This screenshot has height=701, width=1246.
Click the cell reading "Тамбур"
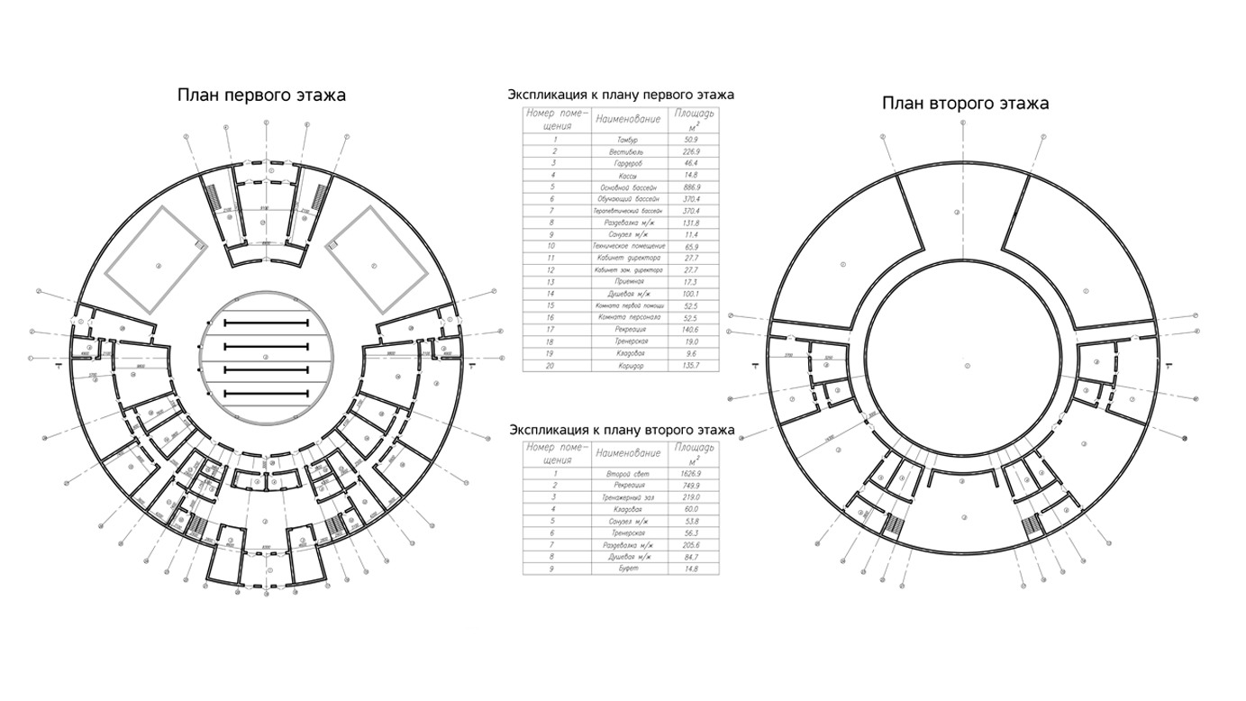tap(628, 141)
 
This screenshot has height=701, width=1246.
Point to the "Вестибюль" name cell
tap(628, 152)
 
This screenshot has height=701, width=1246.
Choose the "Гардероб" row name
tap(628, 164)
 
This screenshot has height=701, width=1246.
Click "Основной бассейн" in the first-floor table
tap(628, 187)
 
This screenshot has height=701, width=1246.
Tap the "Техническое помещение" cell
tap(628, 245)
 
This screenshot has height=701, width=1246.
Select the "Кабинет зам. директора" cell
tap(628, 269)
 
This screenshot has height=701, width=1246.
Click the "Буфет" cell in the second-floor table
tap(628, 569)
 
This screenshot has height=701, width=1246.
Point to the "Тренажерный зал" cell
tap(628, 497)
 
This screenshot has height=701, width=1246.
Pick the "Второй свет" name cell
tap(628, 473)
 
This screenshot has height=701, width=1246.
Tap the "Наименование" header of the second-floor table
tap(628, 452)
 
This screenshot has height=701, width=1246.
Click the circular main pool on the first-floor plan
tap(266, 358)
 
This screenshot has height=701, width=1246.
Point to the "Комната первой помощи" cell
tap(628, 305)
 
